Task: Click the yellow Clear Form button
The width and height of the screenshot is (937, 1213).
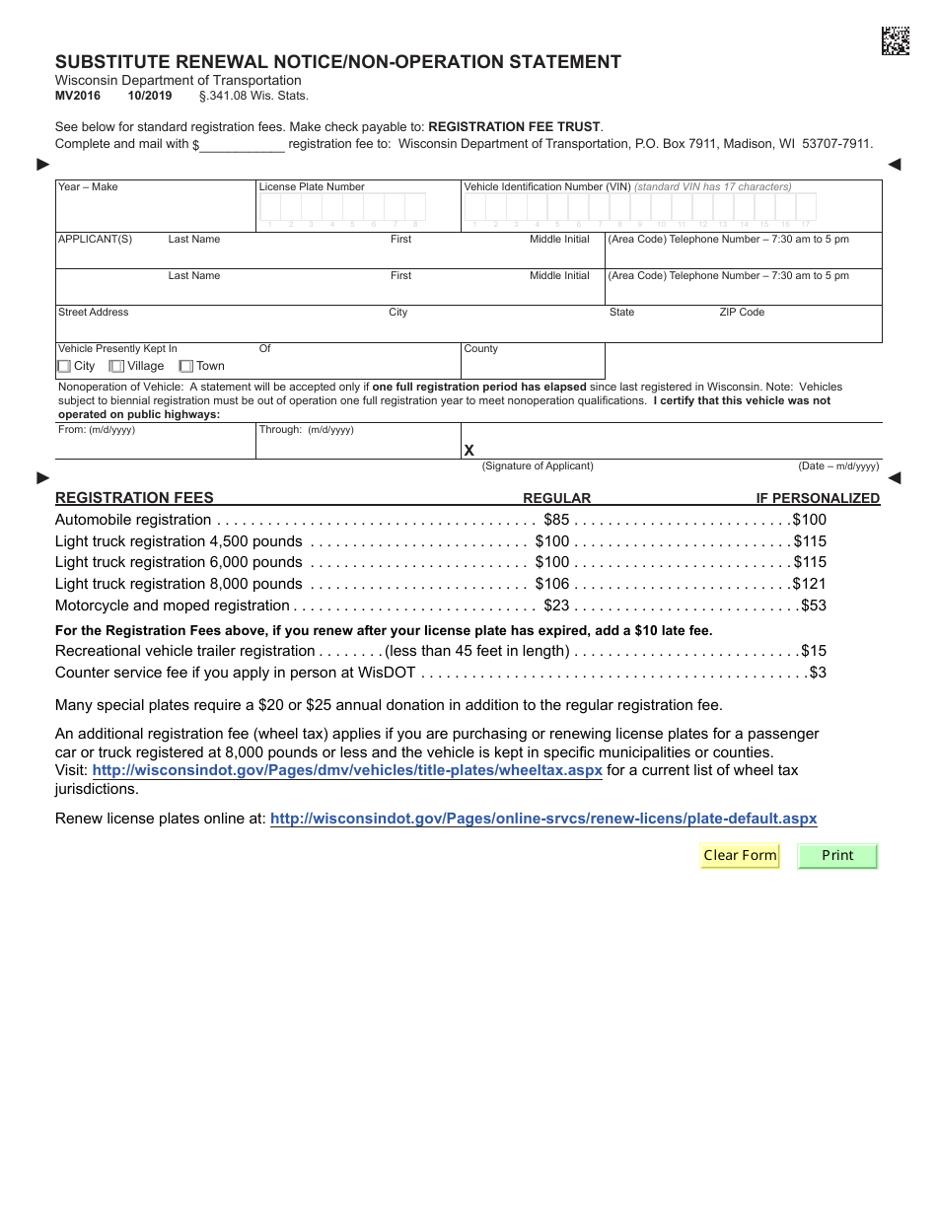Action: coord(740,855)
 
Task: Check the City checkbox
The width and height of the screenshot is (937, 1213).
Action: coord(64,366)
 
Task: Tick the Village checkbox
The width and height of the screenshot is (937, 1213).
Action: coord(117,366)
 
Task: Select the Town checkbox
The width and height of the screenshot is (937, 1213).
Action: coord(185,366)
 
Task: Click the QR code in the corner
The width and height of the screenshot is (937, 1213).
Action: coord(896,40)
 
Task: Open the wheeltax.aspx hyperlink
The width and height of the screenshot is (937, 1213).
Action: coord(347,770)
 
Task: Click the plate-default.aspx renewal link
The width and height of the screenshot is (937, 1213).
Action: coord(542,819)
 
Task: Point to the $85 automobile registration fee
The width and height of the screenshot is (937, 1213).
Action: coord(556,520)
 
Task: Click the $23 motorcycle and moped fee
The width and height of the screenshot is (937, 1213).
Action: coord(556,606)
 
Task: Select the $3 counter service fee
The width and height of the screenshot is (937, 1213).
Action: coord(818,673)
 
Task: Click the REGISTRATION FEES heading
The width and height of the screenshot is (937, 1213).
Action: coord(134,498)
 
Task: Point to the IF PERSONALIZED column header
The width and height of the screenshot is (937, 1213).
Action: coord(818,498)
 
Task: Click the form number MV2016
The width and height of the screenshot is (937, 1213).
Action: coord(78,96)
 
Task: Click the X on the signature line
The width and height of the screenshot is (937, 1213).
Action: coord(469,451)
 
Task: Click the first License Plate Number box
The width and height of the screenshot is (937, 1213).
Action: coord(269,206)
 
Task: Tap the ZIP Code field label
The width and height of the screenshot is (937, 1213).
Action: coord(742,312)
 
